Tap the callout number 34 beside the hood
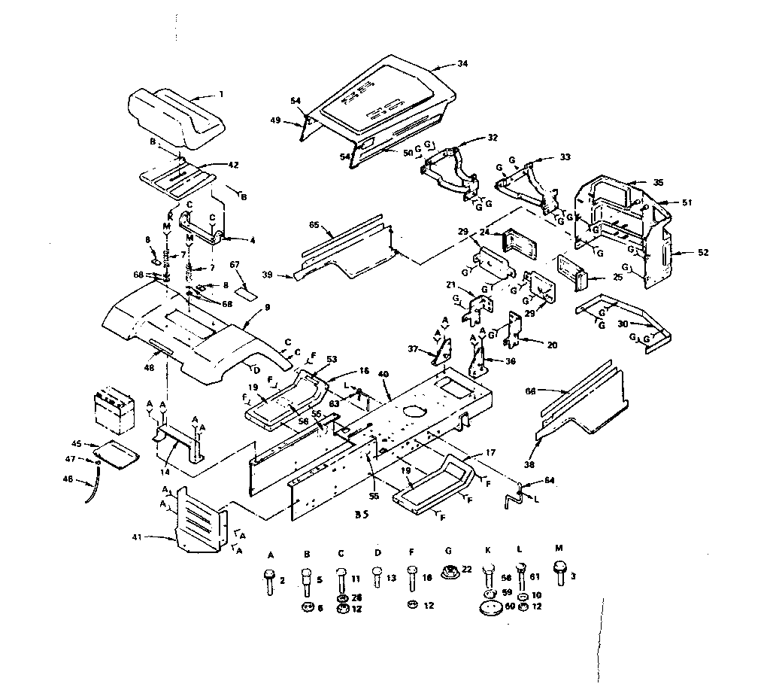(x=462, y=64)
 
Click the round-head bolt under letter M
(x=559, y=570)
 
